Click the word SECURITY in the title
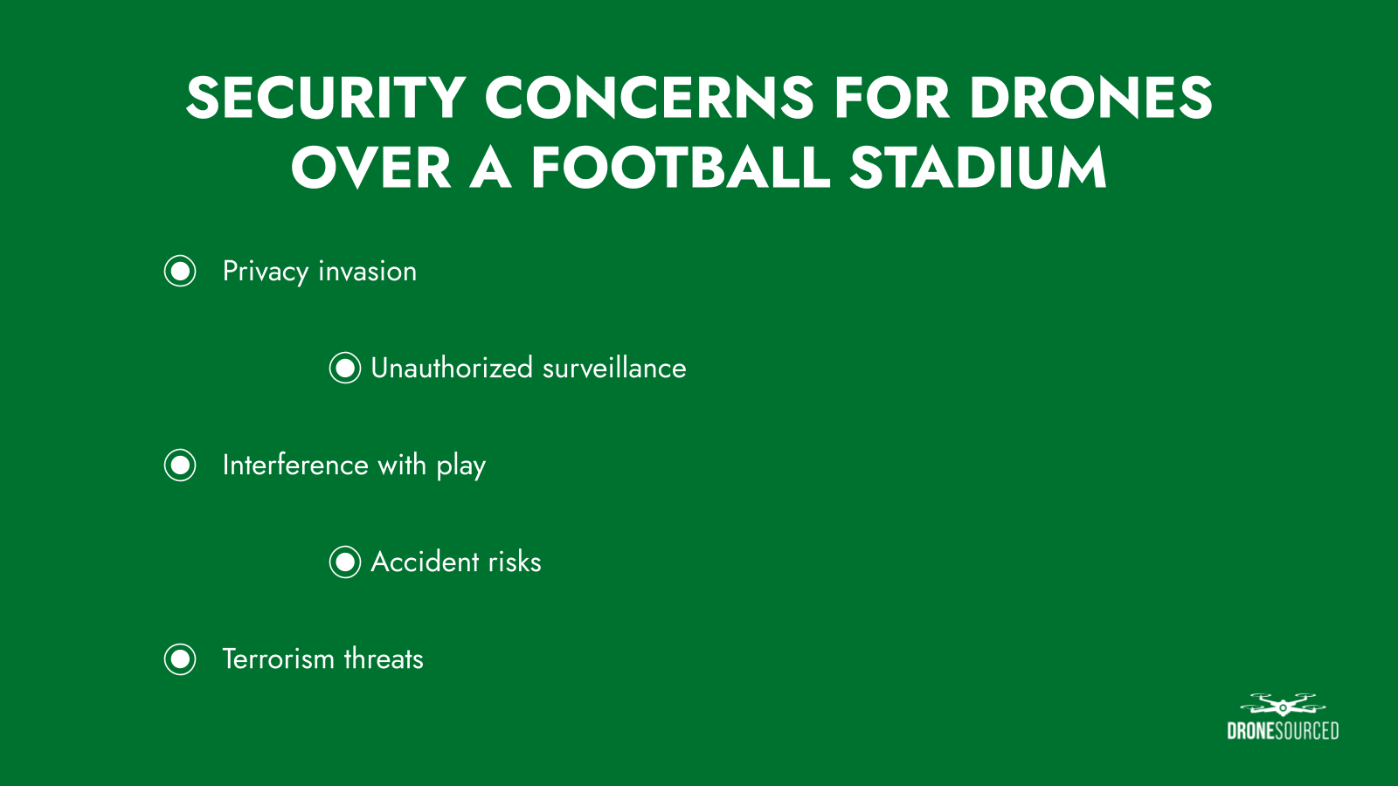click(x=325, y=97)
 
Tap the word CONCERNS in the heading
click(x=649, y=97)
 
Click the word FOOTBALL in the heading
click(x=681, y=168)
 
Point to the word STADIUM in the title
click(x=978, y=168)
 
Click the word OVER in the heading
click(x=371, y=168)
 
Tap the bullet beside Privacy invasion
click(x=180, y=272)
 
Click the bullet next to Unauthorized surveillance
click(x=345, y=368)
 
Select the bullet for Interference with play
click(x=180, y=465)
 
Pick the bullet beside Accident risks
click(x=345, y=562)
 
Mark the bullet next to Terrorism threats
click(x=180, y=659)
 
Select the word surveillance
click(x=614, y=368)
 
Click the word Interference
click(x=295, y=465)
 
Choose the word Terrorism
click(x=279, y=658)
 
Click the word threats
click(x=384, y=658)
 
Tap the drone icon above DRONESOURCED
click(x=1283, y=705)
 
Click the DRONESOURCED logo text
click(x=1283, y=731)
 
